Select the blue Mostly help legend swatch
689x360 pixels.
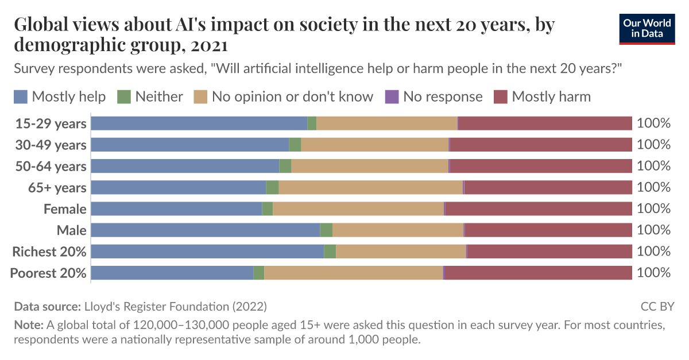click(x=21, y=96)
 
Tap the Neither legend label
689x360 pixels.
click(x=159, y=96)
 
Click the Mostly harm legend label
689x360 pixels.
click(x=551, y=96)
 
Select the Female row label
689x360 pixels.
click(x=65, y=209)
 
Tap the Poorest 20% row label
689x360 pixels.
click(x=48, y=273)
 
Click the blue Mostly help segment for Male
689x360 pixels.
click(x=205, y=230)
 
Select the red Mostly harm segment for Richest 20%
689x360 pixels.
click(x=549, y=251)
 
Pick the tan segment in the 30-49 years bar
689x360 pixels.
click(x=374, y=145)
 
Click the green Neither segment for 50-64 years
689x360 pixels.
click(x=285, y=166)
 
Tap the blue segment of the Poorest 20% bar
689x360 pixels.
click(x=172, y=273)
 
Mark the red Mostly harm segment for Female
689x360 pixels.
click(x=539, y=209)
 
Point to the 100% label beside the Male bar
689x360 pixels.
click(x=653, y=230)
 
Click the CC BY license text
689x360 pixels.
click(x=657, y=306)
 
